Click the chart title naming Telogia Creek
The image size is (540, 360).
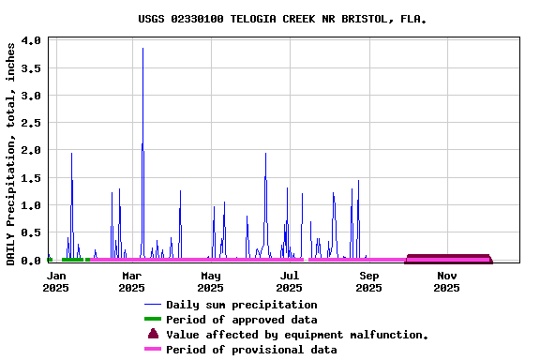[276, 18]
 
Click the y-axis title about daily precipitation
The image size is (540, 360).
[11, 153]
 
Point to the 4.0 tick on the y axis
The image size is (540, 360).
[30, 41]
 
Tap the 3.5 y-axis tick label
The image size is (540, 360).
[30, 68]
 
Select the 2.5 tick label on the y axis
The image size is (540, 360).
[30, 123]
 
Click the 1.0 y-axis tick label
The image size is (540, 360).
[30, 205]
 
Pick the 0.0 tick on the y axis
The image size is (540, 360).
[30, 260]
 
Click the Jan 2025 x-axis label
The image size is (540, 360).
[56, 281]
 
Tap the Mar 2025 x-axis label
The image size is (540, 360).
[132, 281]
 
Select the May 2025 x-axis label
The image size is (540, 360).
[211, 281]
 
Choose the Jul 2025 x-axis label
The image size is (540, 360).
[290, 281]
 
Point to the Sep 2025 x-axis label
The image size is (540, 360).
[368, 281]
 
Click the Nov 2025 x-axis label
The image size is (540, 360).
[446, 281]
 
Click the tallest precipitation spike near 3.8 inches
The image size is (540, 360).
[142, 50]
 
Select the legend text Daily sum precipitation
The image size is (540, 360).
[241, 305]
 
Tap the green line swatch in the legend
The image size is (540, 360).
[153, 320]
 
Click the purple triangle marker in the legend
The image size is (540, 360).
[153, 334]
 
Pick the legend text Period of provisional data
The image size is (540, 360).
[250, 350]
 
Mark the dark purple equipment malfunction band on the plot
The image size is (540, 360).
[448, 258]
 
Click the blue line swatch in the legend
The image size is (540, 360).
[153, 305]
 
